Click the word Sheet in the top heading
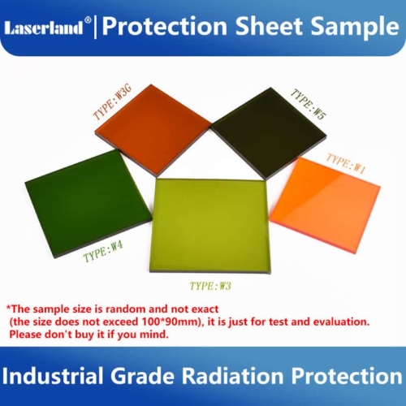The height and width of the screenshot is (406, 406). [x=270, y=28]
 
